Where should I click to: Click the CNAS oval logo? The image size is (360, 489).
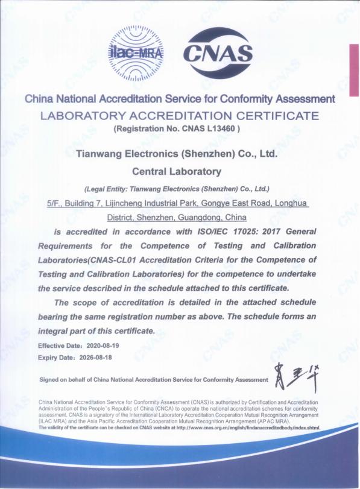217,54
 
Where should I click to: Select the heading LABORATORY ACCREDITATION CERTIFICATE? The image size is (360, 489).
179,115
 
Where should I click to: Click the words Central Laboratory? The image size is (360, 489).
176,172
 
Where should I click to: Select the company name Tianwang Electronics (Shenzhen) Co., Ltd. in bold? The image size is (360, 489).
176,154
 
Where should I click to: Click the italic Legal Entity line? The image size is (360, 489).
177,188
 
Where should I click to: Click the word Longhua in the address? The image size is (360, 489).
292,204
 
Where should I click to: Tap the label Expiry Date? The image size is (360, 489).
56,357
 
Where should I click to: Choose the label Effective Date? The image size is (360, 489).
58,346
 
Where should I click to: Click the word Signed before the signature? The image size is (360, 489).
49,380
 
